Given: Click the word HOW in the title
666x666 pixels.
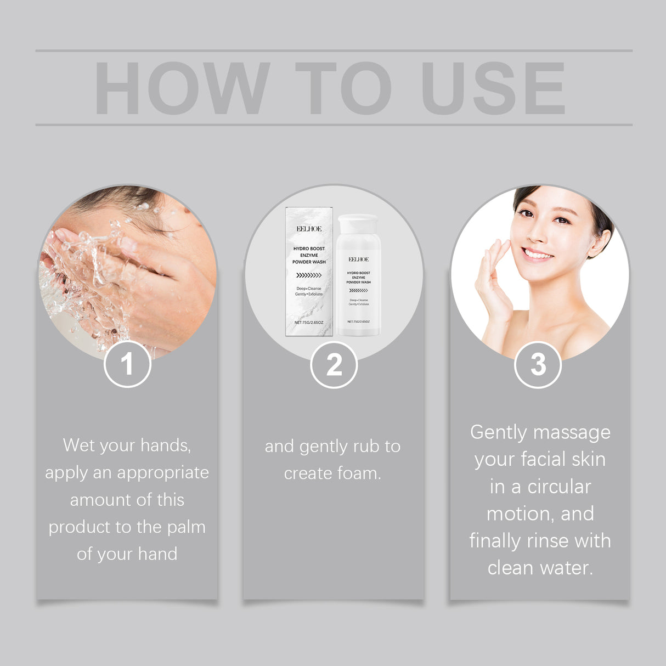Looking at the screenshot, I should pyautogui.click(x=182, y=88).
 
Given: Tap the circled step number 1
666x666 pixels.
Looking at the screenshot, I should pyautogui.click(x=127, y=364).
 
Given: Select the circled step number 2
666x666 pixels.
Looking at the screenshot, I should pyautogui.click(x=334, y=365).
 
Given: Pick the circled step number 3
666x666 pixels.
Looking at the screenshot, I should pyautogui.click(x=538, y=365).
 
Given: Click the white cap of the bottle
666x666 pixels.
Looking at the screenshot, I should pyautogui.click(x=358, y=223).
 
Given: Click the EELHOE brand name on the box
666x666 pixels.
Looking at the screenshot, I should pyautogui.click(x=309, y=229).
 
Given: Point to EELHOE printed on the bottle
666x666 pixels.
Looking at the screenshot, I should pyautogui.click(x=358, y=259).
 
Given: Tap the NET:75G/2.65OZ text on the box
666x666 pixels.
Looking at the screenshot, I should pyautogui.click(x=309, y=323).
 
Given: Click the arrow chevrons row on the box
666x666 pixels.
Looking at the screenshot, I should pyautogui.click(x=309, y=275).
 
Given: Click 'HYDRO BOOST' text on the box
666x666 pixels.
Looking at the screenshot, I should pyautogui.click(x=309, y=249).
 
